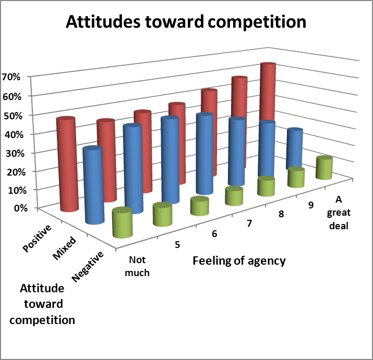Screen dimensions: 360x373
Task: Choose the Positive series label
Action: pos(38,239)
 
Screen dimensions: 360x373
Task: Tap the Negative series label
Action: pos(89,266)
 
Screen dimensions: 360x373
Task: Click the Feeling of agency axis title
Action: pos(239,260)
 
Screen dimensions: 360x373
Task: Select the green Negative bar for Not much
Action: pos(122,224)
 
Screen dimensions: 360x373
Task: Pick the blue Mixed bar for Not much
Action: pos(93,185)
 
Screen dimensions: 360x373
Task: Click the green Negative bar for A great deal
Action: pos(324,167)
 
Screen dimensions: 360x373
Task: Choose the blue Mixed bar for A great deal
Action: pos(295,148)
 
